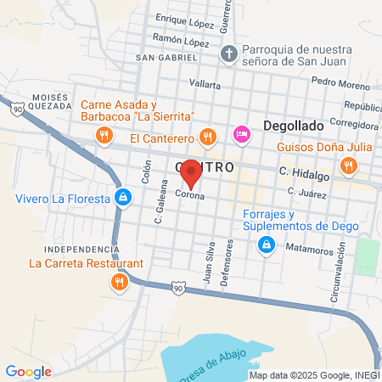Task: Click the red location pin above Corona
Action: pos(191,172)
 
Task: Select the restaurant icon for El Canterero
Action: pos(207,136)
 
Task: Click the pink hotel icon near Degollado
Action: pos(241,134)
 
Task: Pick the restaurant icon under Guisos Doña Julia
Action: pos(347,164)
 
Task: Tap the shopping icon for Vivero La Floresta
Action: pos(124,199)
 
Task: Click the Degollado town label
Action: pos(293,125)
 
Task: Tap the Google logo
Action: pos(28,372)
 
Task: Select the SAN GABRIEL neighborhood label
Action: pos(166,58)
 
